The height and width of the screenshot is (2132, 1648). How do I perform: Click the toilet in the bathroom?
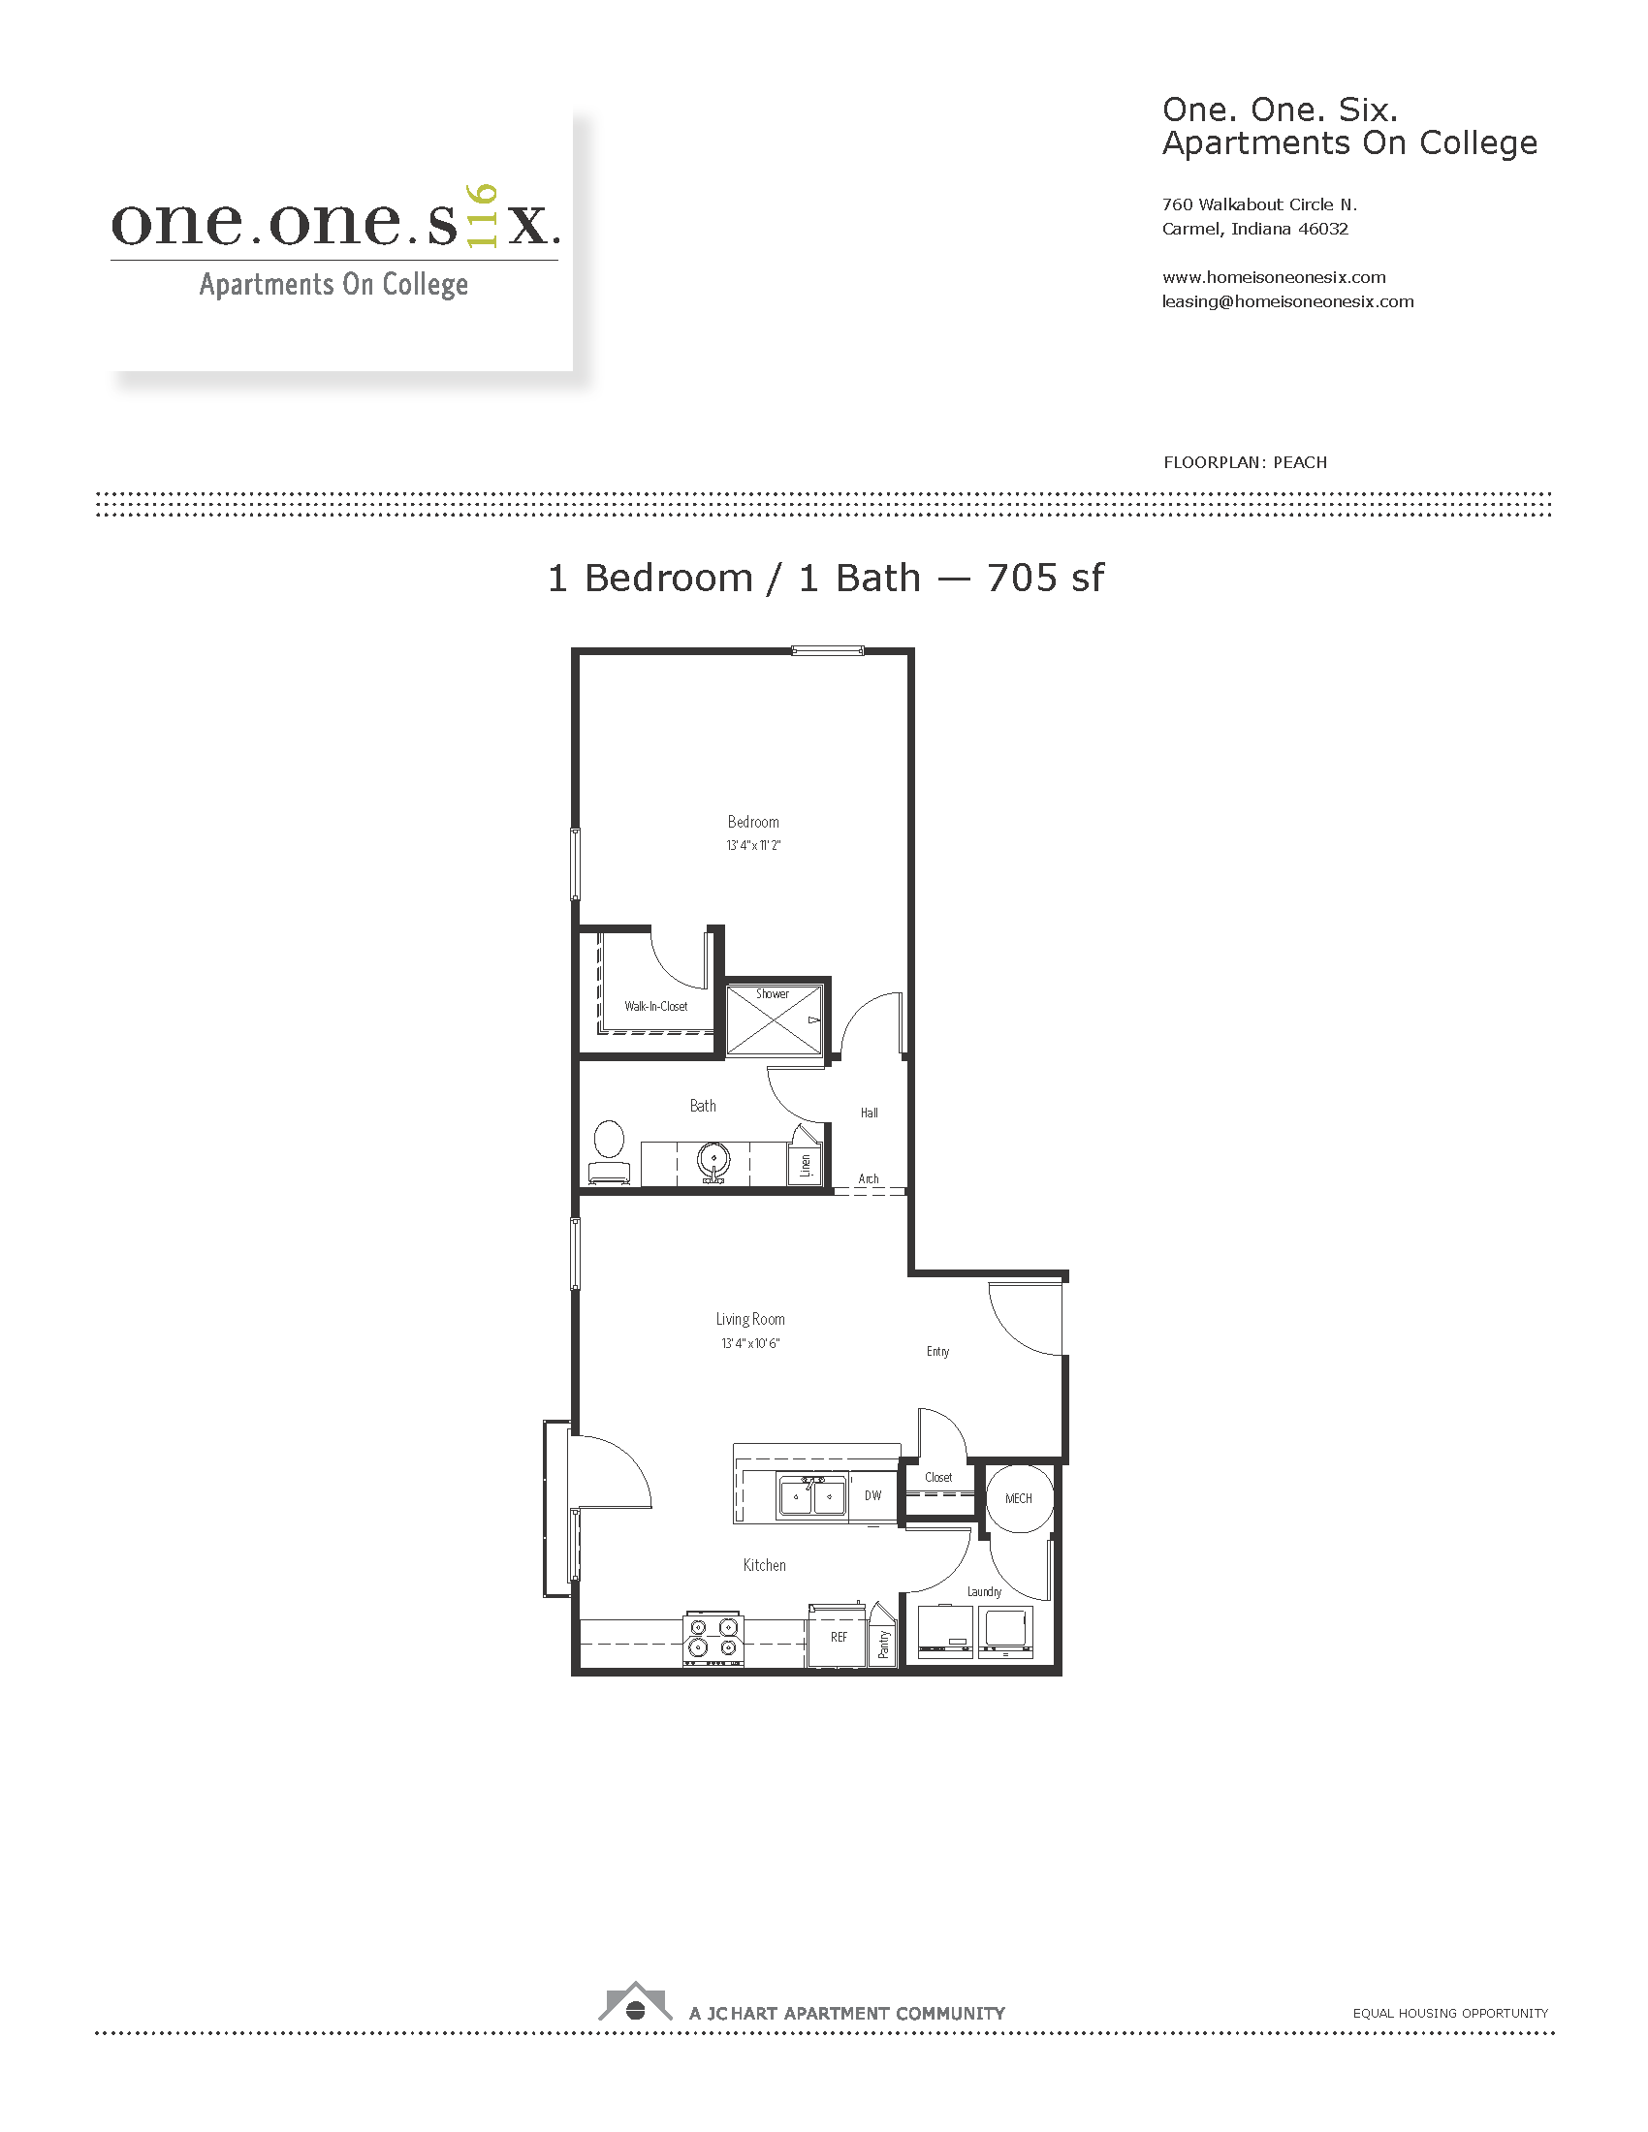608,1153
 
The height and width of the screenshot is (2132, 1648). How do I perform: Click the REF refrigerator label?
839,1637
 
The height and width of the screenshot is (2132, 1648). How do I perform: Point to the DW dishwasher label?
872,1495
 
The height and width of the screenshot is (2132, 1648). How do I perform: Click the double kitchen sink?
812,1495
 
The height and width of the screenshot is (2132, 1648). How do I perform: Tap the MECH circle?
1018,1498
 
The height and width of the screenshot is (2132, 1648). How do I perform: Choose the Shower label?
773,993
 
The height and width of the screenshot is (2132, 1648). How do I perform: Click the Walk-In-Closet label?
656,1007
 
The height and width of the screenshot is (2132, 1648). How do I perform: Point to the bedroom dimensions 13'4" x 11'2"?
753,845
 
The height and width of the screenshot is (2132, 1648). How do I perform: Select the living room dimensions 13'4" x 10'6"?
750,1343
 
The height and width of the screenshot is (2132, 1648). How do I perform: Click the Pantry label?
883,1644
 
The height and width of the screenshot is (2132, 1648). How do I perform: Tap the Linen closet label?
806,1165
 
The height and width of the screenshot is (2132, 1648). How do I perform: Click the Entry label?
937,1351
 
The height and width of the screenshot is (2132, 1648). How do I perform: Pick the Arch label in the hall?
869,1178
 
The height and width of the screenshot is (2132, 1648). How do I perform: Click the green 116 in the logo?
483,216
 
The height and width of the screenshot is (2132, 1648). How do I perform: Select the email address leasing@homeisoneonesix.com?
1287,301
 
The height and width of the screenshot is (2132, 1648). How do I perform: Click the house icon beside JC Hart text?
636,2001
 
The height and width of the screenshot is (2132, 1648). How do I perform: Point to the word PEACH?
1300,462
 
